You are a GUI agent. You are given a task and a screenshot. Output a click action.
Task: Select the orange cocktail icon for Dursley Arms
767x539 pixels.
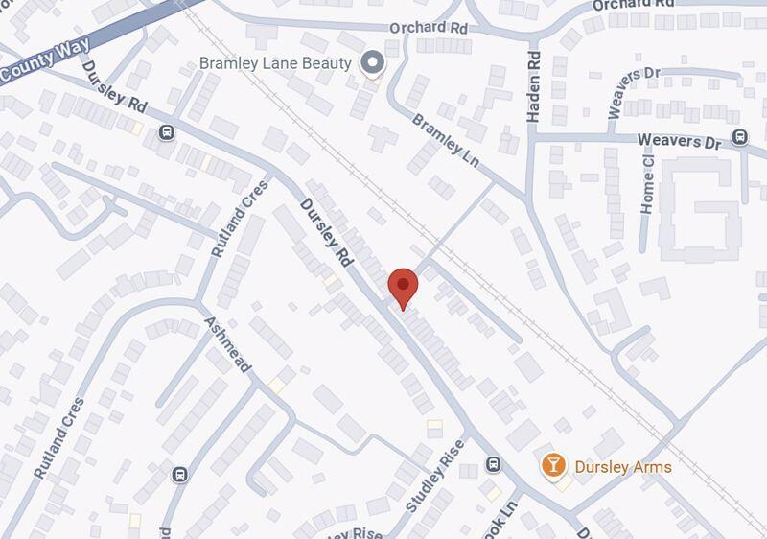coord(553,465)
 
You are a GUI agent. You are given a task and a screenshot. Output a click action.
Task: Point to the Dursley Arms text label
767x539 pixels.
coord(622,467)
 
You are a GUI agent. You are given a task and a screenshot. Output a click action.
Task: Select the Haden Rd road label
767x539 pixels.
coord(534,87)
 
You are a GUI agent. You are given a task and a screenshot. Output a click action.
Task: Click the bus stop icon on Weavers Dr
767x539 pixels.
coord(739,138)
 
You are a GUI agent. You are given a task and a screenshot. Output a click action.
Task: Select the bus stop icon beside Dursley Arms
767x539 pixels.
coord(494,464)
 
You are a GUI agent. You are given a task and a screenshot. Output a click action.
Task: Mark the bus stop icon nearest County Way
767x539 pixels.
coord(168,132)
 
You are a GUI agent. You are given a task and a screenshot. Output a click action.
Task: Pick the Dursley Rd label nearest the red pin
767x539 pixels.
coord(326,231)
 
